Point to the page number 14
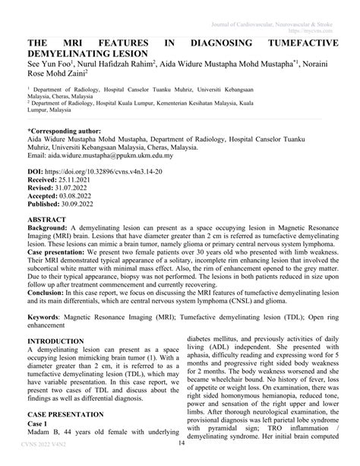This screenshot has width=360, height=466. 181,445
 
